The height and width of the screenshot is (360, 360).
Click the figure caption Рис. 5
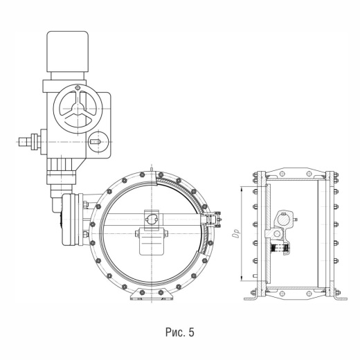pyautogui.click(x=180, y=332)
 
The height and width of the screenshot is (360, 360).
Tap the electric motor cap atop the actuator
pyautogui.click(x=68, y=52)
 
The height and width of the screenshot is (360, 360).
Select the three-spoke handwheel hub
pyautogui.click(x=78, y=108)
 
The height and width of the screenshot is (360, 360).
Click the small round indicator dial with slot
pyautogui.click(x=99, y=142)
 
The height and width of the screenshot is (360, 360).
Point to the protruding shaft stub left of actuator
pyautogui.click(x=28, y=142)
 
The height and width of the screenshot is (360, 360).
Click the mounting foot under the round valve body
pyautogui.click(x=152, y=294)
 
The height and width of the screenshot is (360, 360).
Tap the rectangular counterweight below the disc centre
pyautogui.click(x=152, y=242)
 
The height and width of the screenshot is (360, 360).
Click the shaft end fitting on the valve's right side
pyautogui.click(x=211, y=219)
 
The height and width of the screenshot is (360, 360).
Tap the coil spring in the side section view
pyautogui.click(x=280, y=249)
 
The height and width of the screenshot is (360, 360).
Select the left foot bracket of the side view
pyautogui.click(x=251, y=296)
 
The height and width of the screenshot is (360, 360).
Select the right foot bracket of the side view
pyautogui.click(x=340, y=296)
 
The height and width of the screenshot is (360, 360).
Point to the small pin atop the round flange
pyautogui.click(x=152, y=170)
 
